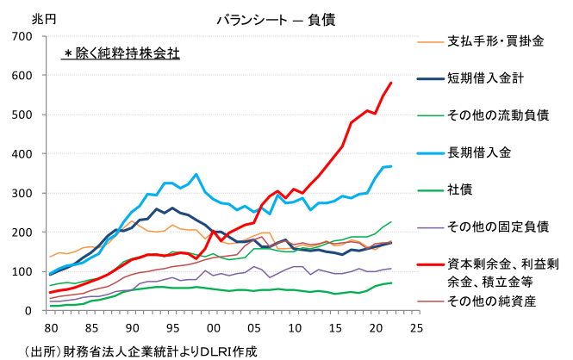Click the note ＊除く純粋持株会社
(x=121, y=53)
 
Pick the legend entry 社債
(x=459, y=189)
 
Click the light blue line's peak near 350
(x=196, y=175)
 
